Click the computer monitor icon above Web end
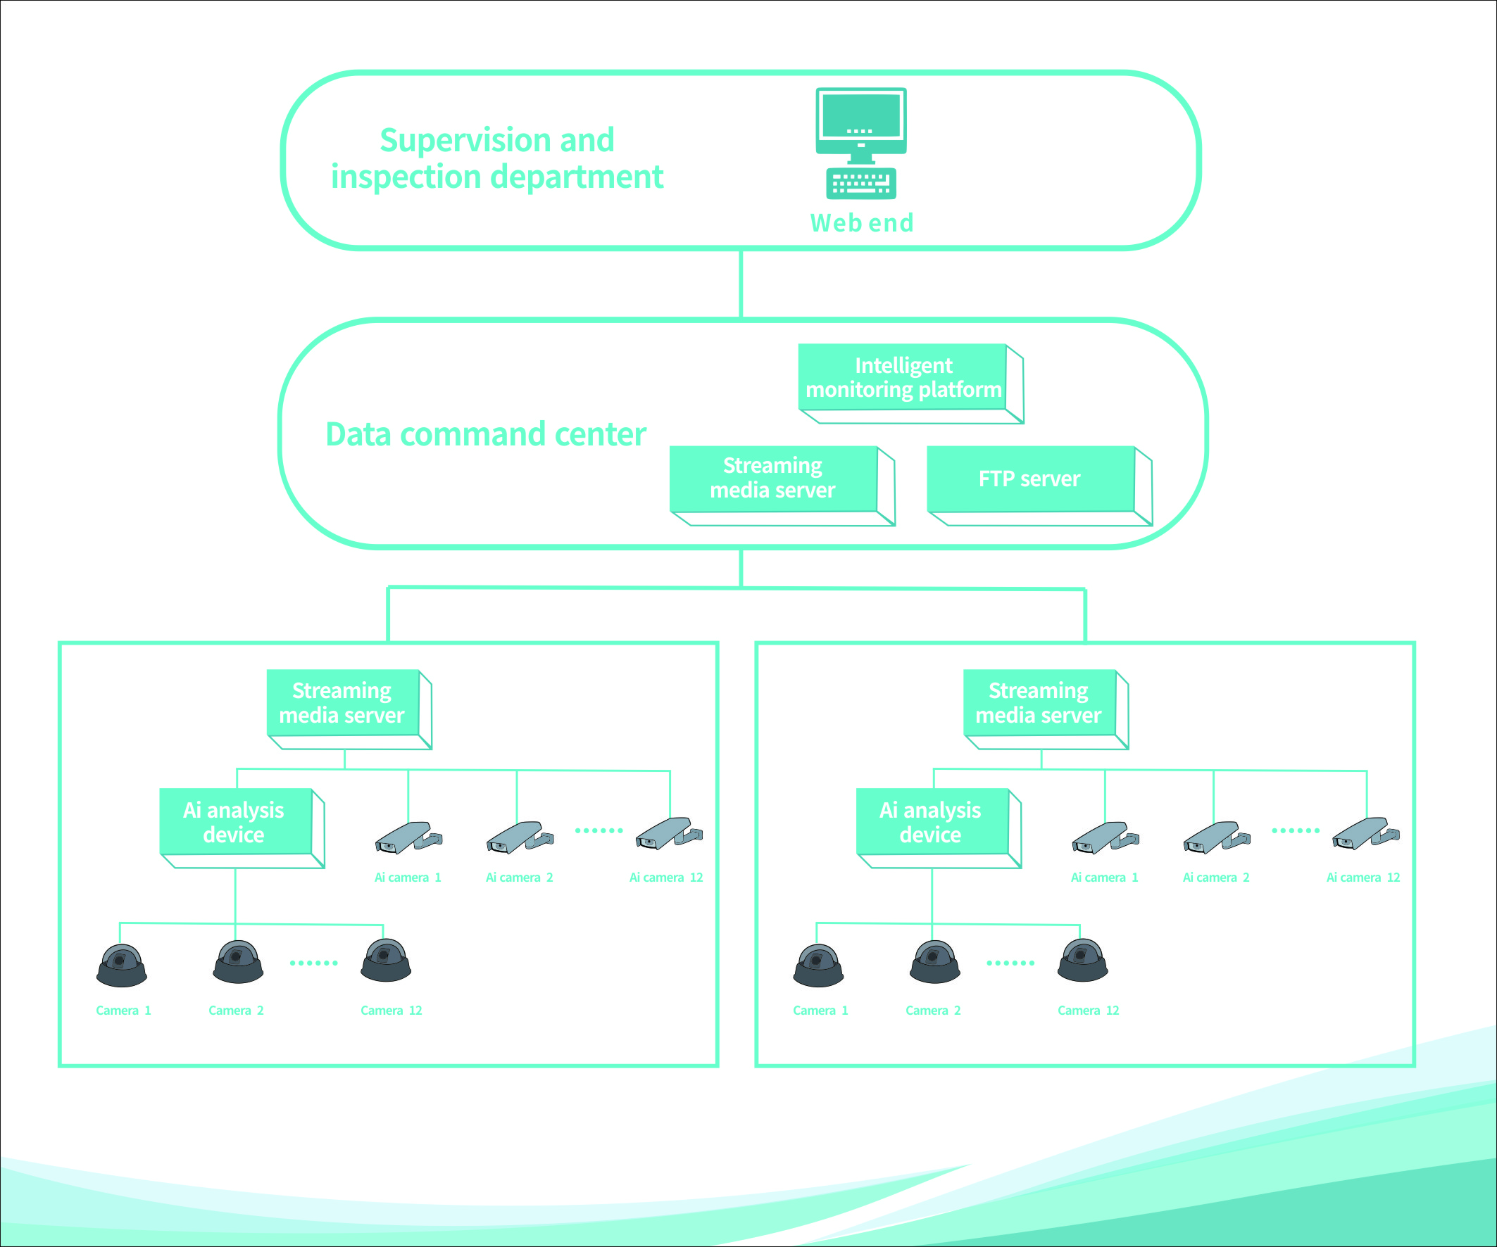[x=861, y=120]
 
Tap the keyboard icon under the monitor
[x=861, y=183]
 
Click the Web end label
[x=862, y=223]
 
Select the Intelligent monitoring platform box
[x=903, y=378]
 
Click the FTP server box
[x=1030, y=479]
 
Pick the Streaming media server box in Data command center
[x=773, y=478]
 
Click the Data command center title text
[x=485, y=435]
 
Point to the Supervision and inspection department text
[x=497, y=158]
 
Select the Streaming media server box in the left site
[x=342, y=702]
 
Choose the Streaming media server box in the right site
[x=1039, y=702]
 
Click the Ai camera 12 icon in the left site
[x=668, y=834]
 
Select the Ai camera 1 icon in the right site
[x=1104, y=838]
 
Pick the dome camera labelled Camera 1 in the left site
[x=122, y=966]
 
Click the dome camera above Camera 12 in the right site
[x=1082, y=961]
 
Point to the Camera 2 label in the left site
[x=236, y=1011]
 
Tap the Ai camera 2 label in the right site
[x=1216, y=878]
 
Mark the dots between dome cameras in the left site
[x=313, y=963]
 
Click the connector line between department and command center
[x=741, y=284]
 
